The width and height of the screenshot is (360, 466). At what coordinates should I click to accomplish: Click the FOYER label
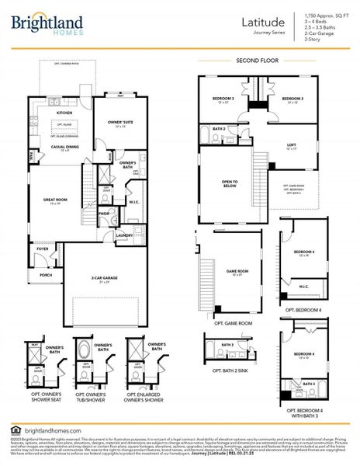click(x=43, y=249)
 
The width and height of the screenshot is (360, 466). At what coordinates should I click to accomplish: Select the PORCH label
click(x=46, y=274)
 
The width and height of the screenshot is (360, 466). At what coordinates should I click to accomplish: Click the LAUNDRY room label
click(x=124, y=234)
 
